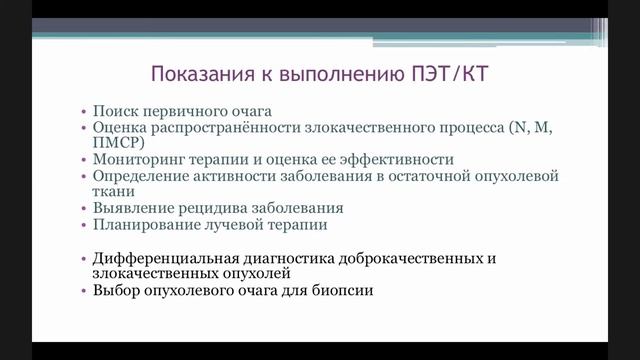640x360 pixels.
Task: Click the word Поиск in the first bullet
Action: [x=114, y=110]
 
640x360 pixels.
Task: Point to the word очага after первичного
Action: [x=246, y=110]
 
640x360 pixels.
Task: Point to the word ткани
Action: [x=111, y=192]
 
